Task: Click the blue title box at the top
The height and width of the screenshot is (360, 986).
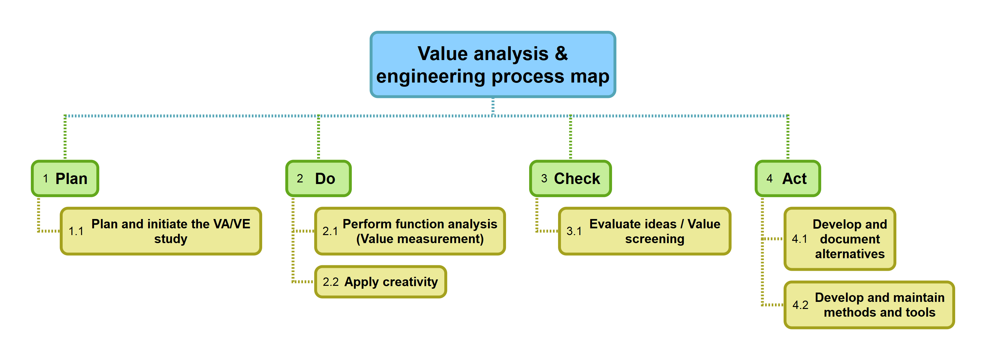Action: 492,64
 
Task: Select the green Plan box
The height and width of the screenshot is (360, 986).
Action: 65,178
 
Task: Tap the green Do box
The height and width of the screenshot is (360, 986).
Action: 318,178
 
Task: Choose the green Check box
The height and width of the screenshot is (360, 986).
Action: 570,178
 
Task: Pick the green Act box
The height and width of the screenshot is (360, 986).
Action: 787,178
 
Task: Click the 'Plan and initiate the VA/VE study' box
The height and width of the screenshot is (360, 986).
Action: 161,231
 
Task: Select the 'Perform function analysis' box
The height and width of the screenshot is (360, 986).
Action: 410,231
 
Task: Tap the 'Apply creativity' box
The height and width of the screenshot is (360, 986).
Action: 380,282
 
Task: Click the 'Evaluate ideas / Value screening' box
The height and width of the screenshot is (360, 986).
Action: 644,231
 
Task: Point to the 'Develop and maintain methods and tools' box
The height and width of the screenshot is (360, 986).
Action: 868,304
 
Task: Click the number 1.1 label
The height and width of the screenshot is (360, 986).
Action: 76,232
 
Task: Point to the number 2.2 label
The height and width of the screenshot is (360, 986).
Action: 330,282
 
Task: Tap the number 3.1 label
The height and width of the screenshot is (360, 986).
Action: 574,232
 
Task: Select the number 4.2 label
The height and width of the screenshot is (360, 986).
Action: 800,305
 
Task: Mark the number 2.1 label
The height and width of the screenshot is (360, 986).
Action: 330,232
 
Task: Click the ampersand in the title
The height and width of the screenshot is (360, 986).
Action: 561,53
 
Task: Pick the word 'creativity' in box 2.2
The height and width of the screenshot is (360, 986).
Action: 410,282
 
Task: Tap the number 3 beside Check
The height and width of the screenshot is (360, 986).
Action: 544,179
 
